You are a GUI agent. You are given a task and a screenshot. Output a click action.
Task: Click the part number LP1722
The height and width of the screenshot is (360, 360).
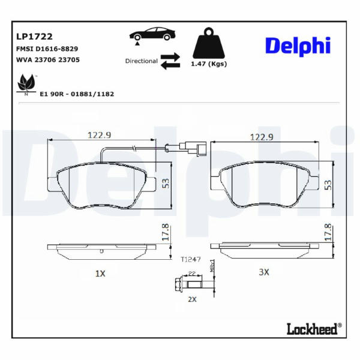(x=34, y=37)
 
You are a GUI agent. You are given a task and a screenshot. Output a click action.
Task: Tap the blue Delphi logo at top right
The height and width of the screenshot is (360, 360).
(x=298, y=46)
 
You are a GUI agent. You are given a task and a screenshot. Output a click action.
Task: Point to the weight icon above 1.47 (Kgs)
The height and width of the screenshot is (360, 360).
(x=209, y=43)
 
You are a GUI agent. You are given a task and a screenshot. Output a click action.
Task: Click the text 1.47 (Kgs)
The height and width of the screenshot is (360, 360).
(x=209, y=64)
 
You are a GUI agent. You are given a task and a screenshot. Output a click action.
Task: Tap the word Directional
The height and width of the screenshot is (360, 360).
(x=141, y=61)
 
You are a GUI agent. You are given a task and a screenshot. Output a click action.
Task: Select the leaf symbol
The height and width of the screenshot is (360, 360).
(x=26, y=84)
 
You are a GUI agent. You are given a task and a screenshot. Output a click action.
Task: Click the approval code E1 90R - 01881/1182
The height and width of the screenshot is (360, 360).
(x=77, y=94)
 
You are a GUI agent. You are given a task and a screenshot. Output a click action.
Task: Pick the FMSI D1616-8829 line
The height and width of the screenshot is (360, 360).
(x=47, y=49)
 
